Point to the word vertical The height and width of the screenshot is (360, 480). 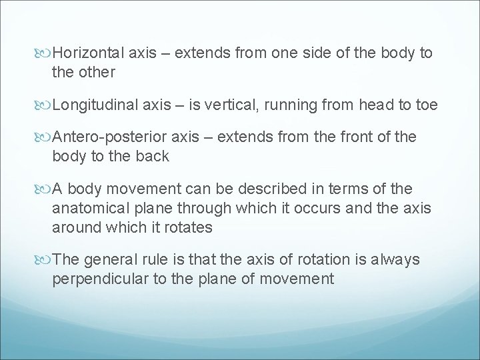pos(229,103)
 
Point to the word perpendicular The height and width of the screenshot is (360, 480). pos(101,278)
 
